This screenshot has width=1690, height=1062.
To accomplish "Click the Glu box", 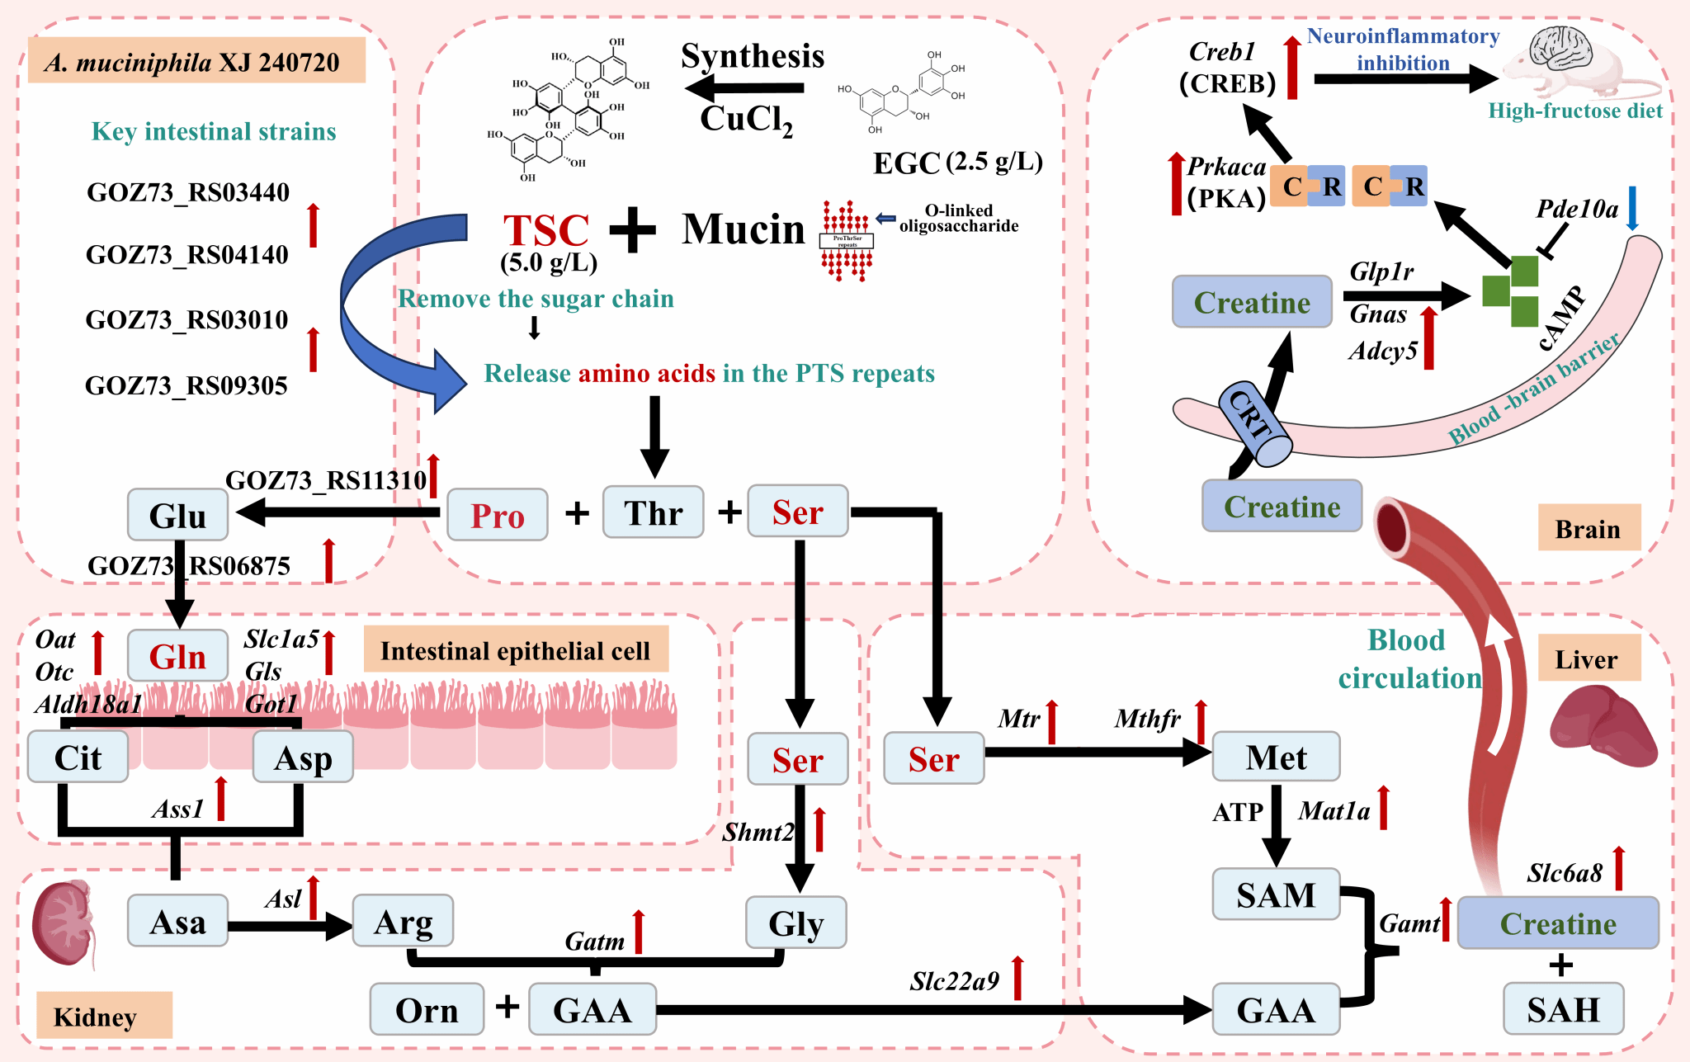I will [177, 515].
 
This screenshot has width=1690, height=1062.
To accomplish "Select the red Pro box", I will [497, 515].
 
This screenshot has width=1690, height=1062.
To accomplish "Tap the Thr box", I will [653, 512].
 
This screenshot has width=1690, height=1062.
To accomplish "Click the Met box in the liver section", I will [1276, 757].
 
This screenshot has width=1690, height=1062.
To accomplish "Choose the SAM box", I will [1276, 894].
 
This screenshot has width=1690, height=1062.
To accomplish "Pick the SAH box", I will [1563, 1008].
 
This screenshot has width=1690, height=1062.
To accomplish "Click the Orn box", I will [427, 1009].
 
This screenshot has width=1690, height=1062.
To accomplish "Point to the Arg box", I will [403, 921].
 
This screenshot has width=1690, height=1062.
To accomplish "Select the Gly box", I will [795, 923].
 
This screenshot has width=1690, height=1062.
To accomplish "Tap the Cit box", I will [78, 757].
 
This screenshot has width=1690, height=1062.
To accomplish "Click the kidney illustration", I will [63, 923].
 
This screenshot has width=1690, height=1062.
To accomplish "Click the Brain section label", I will [1588, 528].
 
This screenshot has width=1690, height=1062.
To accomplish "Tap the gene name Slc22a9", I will [954, 981].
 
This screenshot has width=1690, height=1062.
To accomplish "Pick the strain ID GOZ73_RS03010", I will [186, 319].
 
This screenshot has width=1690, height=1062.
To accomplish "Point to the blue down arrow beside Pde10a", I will [1631, 208].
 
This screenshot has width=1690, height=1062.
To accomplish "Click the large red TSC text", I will [546, 230].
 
